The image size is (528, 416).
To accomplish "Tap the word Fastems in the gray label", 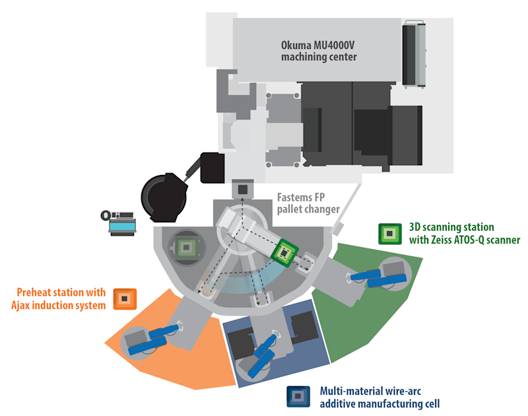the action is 291,197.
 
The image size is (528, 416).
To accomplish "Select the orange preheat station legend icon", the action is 125,298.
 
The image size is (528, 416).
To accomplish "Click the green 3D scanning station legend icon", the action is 390,234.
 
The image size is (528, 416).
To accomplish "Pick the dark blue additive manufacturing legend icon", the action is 298,396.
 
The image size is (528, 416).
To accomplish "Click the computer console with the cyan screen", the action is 121,223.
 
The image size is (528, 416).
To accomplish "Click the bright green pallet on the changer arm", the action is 284,253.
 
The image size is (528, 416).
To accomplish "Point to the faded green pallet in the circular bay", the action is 186,248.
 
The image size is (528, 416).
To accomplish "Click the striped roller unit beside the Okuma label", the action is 414,54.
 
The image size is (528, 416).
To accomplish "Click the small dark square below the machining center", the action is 243,190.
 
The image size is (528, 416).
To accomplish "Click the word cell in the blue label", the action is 432,403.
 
